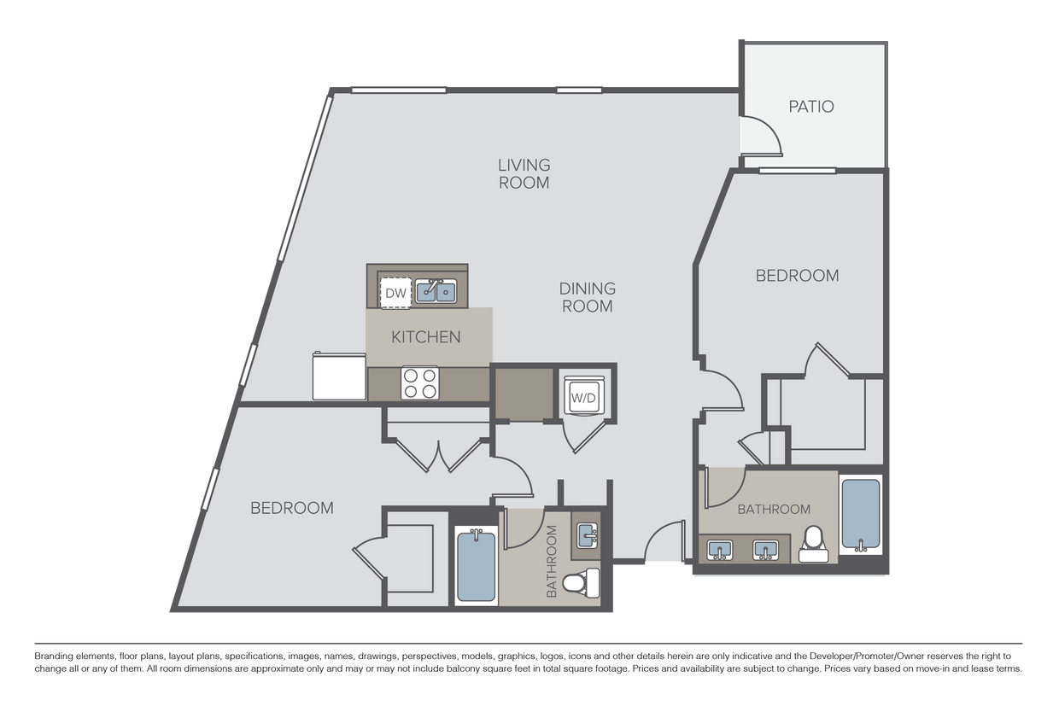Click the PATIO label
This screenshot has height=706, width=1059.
pos(810,107)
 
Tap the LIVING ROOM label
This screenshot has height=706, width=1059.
pos(524,173)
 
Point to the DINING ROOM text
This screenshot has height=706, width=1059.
pos(588,297)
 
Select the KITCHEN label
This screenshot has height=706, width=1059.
pos(426,337)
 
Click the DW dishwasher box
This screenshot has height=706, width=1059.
pos(395,293)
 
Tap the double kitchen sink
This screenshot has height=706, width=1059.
pos(436,291)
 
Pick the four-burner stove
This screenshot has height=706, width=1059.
pos(420,383)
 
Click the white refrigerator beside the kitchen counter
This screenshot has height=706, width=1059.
pos(339,376)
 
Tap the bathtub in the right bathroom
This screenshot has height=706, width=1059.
pos(861,516)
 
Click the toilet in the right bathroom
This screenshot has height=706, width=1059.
pos(813,545)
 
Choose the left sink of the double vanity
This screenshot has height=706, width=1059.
pos(720,550)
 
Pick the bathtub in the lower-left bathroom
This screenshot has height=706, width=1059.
pos(476,566)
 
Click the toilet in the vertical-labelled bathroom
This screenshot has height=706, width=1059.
pos(582,584)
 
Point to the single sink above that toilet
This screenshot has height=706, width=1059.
pos(587,536)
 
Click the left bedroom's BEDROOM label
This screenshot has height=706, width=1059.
pos(292,508)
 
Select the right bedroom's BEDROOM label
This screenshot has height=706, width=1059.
pos(797,276)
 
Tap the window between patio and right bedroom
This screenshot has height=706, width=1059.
pos(798,171)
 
